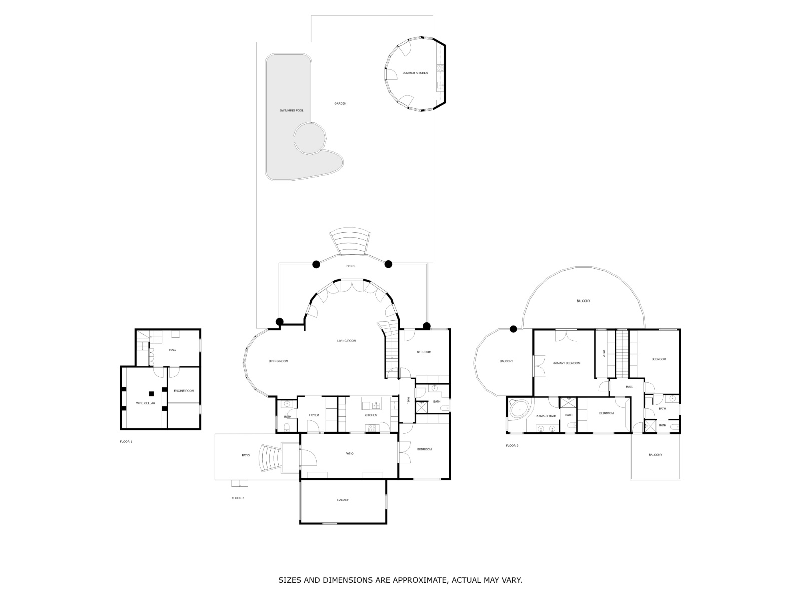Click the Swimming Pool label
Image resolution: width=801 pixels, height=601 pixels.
point(291,110)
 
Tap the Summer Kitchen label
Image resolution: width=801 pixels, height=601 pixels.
point(415,73)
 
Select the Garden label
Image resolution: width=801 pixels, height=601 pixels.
point(340,103)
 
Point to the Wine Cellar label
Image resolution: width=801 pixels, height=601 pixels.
point(145,403)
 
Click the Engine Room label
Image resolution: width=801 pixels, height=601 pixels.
point(184,391)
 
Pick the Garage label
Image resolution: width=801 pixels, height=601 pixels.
point(343,500)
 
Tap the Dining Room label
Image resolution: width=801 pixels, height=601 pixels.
point(278,361)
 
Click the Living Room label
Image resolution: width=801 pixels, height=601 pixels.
point(346,341)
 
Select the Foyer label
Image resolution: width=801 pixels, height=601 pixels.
point(314,415)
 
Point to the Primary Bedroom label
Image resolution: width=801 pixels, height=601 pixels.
point(566,363)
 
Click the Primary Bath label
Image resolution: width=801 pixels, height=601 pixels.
point(546,416)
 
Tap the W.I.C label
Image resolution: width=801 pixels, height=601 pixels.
point(604,353)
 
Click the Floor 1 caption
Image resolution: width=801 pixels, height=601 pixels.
point(126,442)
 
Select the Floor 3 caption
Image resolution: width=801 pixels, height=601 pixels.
point(512,446)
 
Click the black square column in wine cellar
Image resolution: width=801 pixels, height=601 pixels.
point(151,393)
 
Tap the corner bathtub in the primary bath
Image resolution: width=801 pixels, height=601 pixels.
point(519,409)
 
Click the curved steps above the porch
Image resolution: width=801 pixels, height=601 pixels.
point(349,241)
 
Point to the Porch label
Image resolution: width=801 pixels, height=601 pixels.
point(351,266)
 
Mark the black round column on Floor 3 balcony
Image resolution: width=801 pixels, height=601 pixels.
point(513,329)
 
